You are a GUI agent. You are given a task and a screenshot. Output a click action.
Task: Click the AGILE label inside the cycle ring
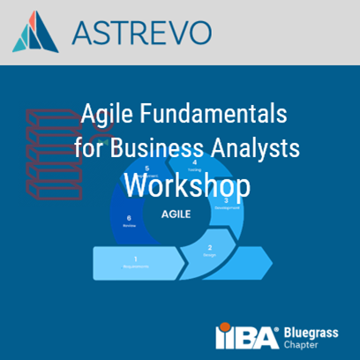click(177, 214)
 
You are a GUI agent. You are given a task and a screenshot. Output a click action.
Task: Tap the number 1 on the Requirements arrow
click(135, 258)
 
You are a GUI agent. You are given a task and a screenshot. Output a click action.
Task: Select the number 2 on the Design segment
click(209, 248)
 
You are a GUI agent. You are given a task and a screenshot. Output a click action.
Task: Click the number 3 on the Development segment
click(227, 200)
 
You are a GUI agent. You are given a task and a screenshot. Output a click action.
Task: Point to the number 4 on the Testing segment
click(194, 162)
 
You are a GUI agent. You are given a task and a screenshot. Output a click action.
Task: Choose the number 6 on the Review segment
click(130, 218)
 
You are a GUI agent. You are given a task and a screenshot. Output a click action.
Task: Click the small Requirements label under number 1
click(135, 266)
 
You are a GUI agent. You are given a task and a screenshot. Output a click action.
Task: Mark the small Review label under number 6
click(130, 226)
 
